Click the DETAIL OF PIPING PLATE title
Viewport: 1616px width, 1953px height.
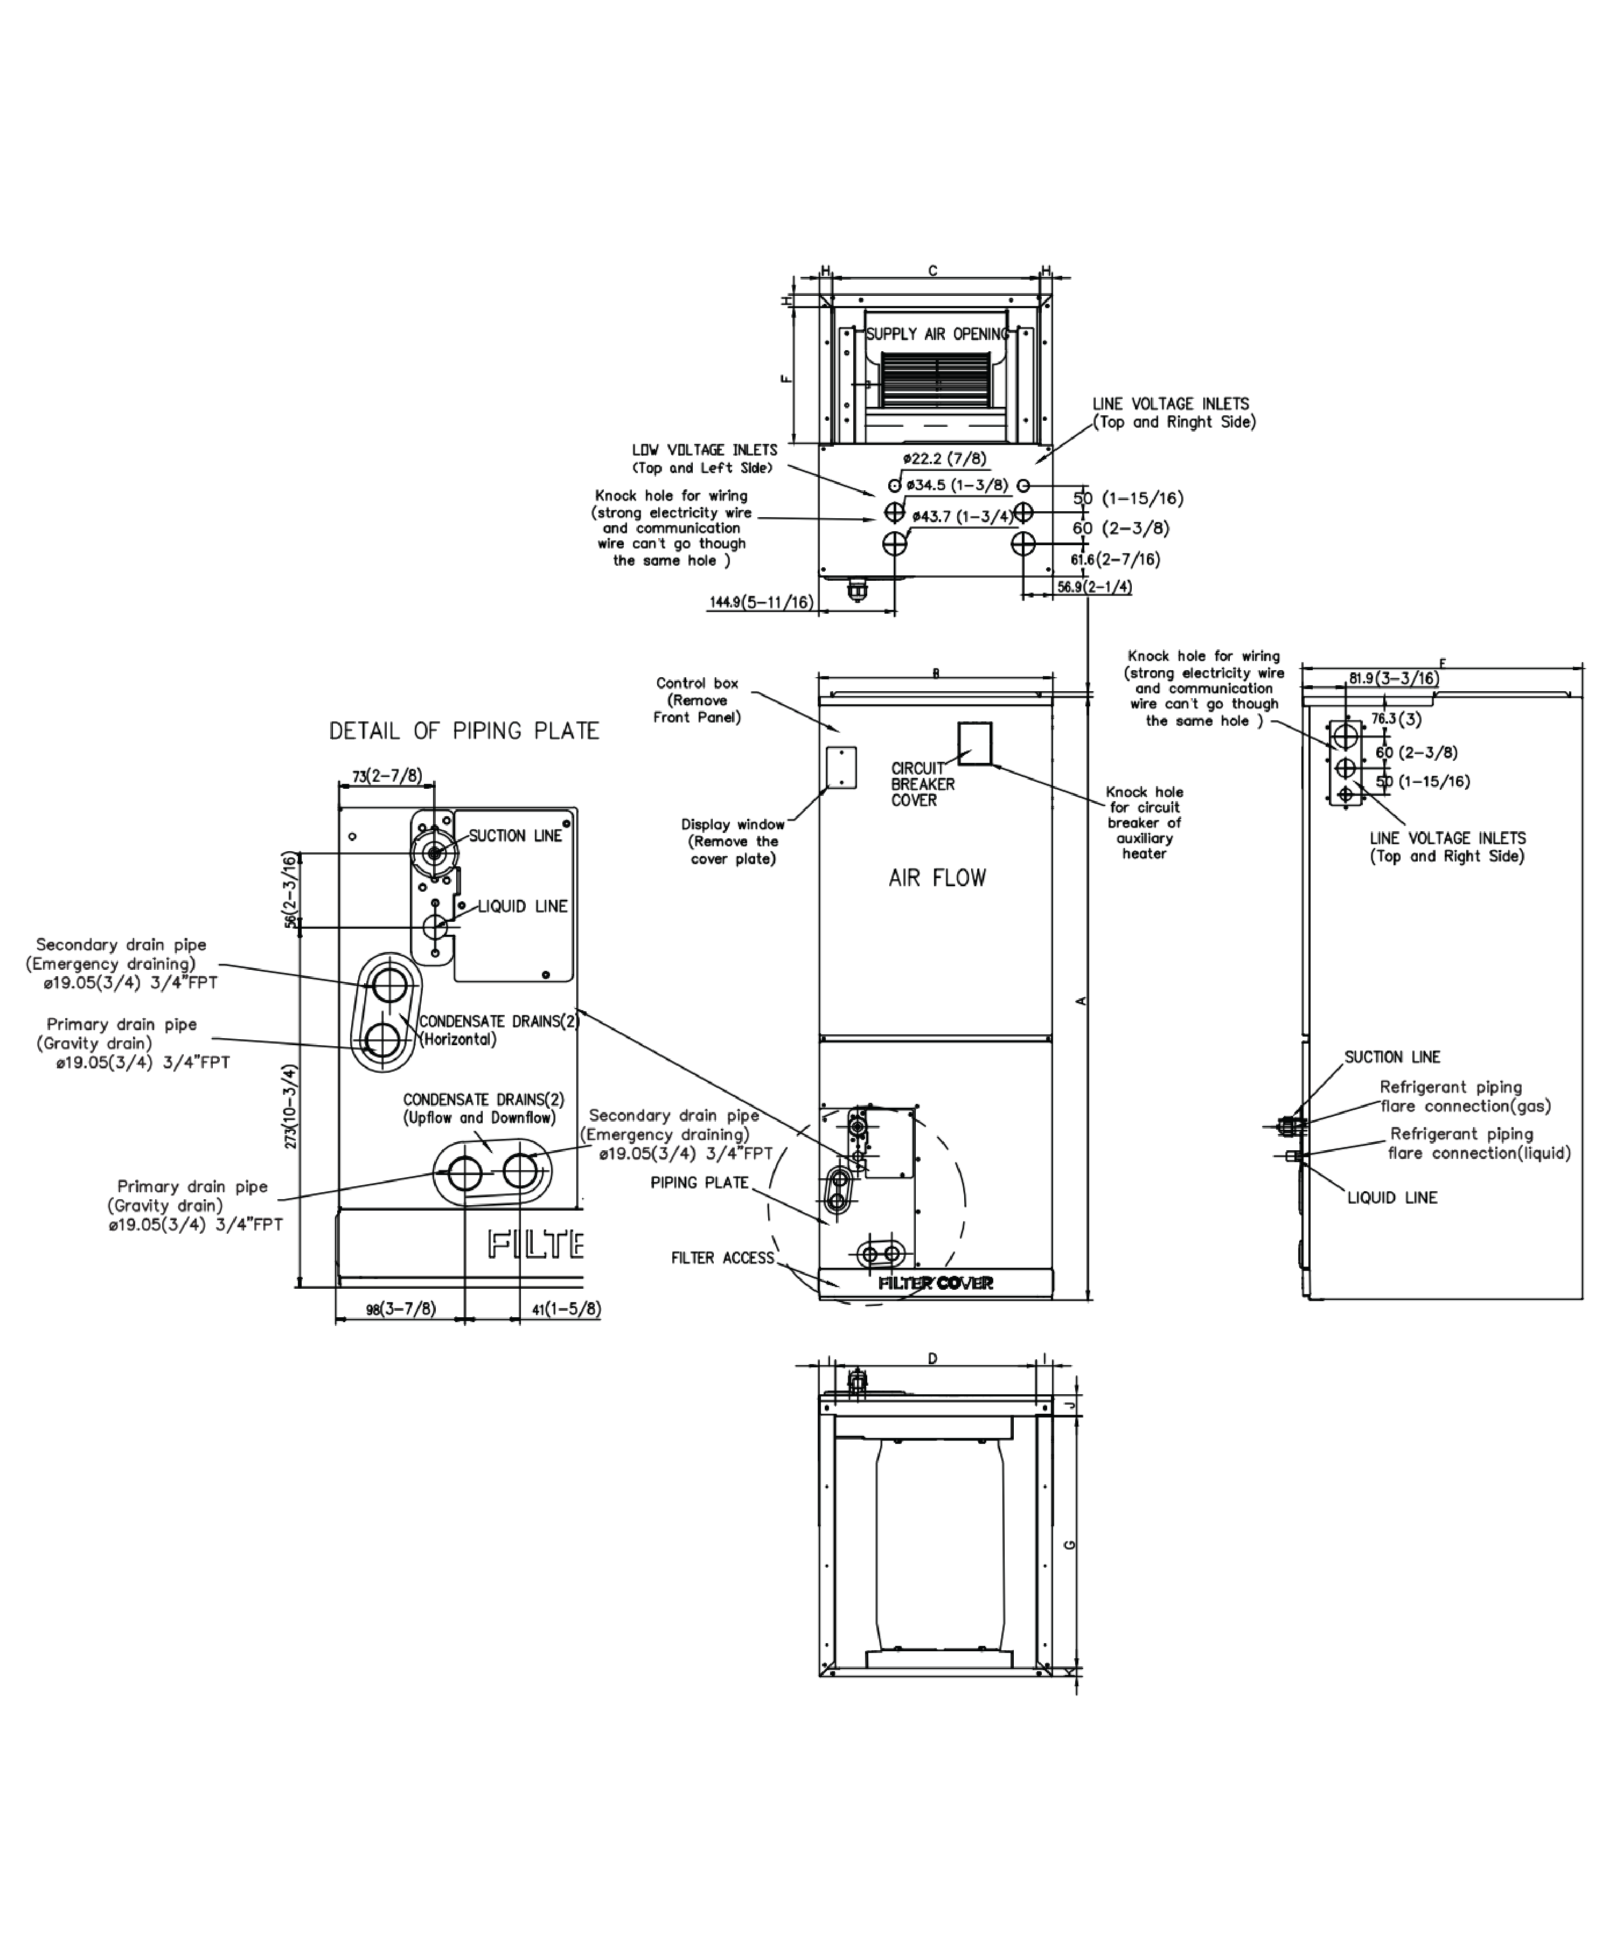pos(464,731)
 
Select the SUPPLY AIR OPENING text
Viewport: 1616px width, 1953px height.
pos(936,334)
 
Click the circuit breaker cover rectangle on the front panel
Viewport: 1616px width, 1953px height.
pos(974,743)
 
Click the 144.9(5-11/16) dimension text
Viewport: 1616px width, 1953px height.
pos(761,603)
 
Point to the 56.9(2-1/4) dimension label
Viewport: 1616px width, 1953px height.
pos(1095,587)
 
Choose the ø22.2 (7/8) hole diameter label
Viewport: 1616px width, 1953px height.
pos(945,458)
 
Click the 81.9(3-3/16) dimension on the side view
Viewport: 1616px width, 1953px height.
pos(1394,679)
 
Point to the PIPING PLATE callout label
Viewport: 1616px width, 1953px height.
pos(699,1183)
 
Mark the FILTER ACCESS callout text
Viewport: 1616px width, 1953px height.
pos(722,1259)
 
